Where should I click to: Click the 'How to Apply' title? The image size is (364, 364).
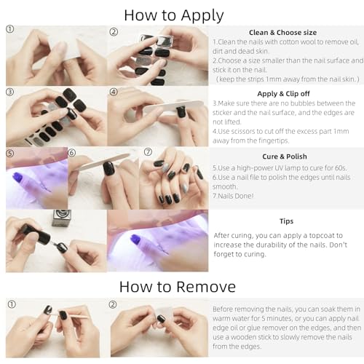coord(174,15)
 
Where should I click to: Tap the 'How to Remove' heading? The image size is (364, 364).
coord(178,287)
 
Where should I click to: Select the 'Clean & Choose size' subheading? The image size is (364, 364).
coord(282,33)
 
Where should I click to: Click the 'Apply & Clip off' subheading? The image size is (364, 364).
coord(283,94)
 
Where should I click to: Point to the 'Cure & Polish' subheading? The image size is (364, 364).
coord(285,157)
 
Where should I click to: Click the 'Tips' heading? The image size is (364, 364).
coord(286,221)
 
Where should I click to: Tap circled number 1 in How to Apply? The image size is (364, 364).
coord(9,29)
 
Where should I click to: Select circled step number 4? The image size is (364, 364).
coord(114,92)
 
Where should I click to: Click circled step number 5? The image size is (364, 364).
coord(9,154)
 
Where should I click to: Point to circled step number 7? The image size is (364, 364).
coord(148,152)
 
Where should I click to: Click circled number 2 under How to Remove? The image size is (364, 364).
coord(113,304)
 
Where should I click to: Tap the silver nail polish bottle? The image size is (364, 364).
coord(62,218)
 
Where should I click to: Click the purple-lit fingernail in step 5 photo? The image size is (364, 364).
coord(17,177)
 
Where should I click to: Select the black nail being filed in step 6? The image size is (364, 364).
coord(109,168)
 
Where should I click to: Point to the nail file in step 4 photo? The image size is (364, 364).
coord(173,106)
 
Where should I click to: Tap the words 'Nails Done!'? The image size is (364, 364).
coord(233,196)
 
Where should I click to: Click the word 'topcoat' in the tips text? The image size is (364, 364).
coord(323,236)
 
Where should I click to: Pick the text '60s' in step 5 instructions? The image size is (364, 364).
coord(341,168)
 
